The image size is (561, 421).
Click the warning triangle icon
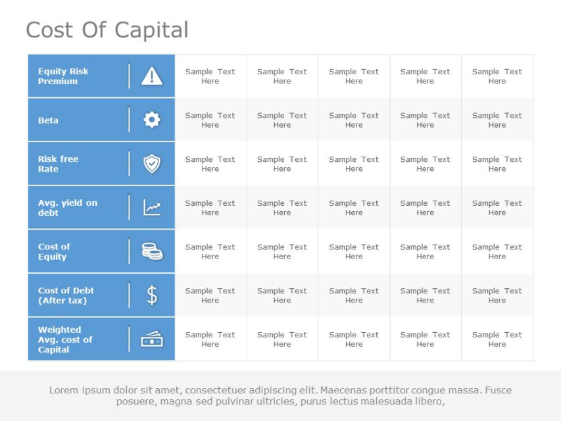click(152, 76)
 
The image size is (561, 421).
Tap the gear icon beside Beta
click(152, 120)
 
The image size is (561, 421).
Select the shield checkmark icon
click(152, 164)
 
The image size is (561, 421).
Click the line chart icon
click(152, 208)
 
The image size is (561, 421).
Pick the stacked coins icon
click(152, 251)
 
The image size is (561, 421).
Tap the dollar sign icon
click(152, 295)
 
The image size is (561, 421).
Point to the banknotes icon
click(152, 339)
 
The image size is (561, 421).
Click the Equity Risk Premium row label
click(63, 76)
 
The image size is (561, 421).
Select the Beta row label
click(48, 120)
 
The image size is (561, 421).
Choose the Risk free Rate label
click(58, 164)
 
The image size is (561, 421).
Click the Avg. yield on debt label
click(67, 208)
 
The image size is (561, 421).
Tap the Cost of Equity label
click(54, 251)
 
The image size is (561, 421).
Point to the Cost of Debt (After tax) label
click(66, 295)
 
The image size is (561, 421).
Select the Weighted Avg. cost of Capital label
click(64, 339)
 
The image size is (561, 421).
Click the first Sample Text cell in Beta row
click(210, 120)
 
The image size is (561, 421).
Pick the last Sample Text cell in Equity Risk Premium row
click(497, 76)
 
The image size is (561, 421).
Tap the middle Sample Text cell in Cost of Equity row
click(354, 251)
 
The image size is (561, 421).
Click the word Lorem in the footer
click(64, 390)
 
